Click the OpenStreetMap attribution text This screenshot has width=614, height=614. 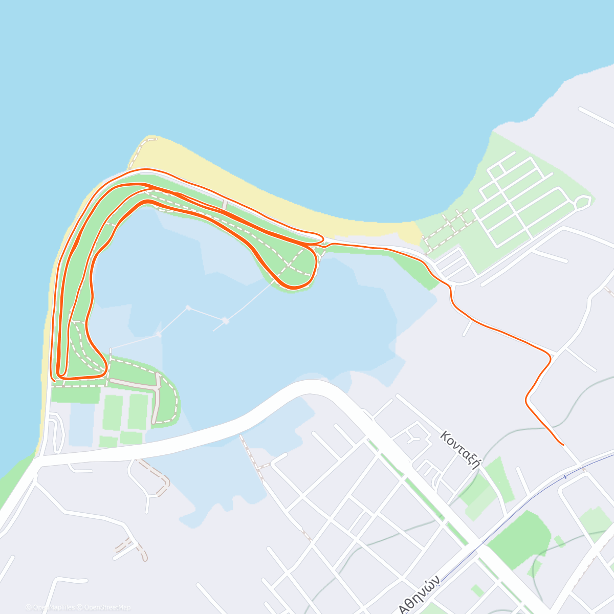[x=107, y=607]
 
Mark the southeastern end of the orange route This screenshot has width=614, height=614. [x=563, y=445]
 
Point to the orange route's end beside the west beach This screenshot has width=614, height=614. [x=54, y=381]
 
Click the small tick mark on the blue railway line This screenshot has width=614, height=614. [x=565, y=476]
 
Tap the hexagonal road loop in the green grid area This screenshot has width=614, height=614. [x=583, y=203]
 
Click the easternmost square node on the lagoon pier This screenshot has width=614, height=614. [x=225, y=321]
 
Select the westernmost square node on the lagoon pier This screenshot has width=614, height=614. [x=159, y=335]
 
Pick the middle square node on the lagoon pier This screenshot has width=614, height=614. [x=188, y=308]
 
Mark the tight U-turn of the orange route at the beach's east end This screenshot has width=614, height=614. [x=321, y=238]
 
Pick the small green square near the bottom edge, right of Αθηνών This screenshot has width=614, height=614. [x=477, y=590]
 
